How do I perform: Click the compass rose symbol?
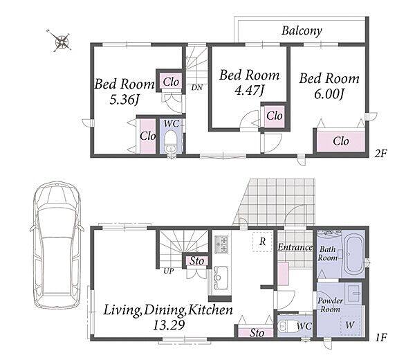coord(62,42)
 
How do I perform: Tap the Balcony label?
coord(302,30)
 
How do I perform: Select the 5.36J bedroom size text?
coord(124,100)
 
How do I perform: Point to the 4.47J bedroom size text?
coord(250,91)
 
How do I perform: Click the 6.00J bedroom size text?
coord(329,93)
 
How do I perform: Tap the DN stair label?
coord(197,87)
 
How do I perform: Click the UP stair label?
coord(168,271)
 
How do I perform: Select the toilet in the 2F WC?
coord(170,141)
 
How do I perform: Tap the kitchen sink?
coord(221,278)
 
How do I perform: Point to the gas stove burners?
coord(222,244)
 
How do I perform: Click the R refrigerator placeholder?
coord(262,242)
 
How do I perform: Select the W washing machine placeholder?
coord(350,325)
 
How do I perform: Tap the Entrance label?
coord(295,247)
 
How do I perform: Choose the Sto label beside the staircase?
coord(197,261)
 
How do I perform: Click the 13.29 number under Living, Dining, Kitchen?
coord(169,325)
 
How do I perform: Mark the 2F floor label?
coord(381,154)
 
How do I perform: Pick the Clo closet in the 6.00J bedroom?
coord(340,141)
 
